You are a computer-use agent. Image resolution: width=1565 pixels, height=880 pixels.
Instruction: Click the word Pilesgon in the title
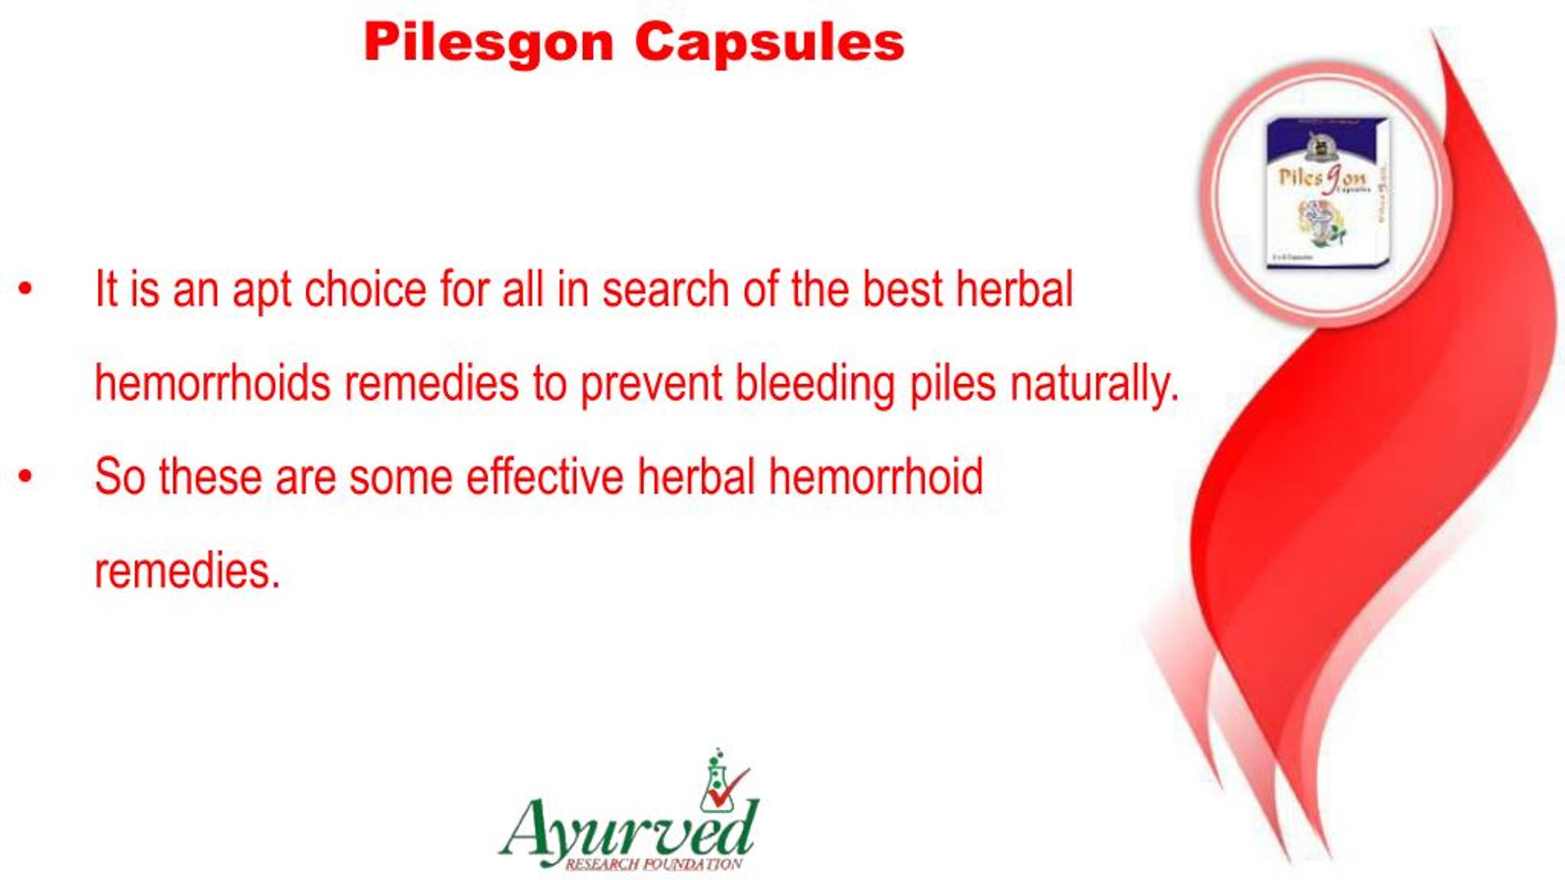488,44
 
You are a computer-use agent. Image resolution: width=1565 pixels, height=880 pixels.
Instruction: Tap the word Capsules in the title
769,44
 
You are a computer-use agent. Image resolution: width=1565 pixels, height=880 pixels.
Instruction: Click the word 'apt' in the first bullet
261,291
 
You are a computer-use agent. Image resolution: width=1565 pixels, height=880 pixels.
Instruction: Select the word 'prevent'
650,385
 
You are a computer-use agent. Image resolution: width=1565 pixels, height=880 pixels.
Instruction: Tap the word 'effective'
545,477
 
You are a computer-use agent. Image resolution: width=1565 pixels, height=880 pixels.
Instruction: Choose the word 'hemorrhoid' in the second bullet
875,477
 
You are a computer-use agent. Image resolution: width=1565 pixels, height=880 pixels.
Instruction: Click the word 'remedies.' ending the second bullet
187,571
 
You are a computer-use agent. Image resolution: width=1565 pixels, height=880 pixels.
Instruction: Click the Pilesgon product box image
1325,193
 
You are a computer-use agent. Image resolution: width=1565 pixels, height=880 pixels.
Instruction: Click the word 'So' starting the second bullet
120,477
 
